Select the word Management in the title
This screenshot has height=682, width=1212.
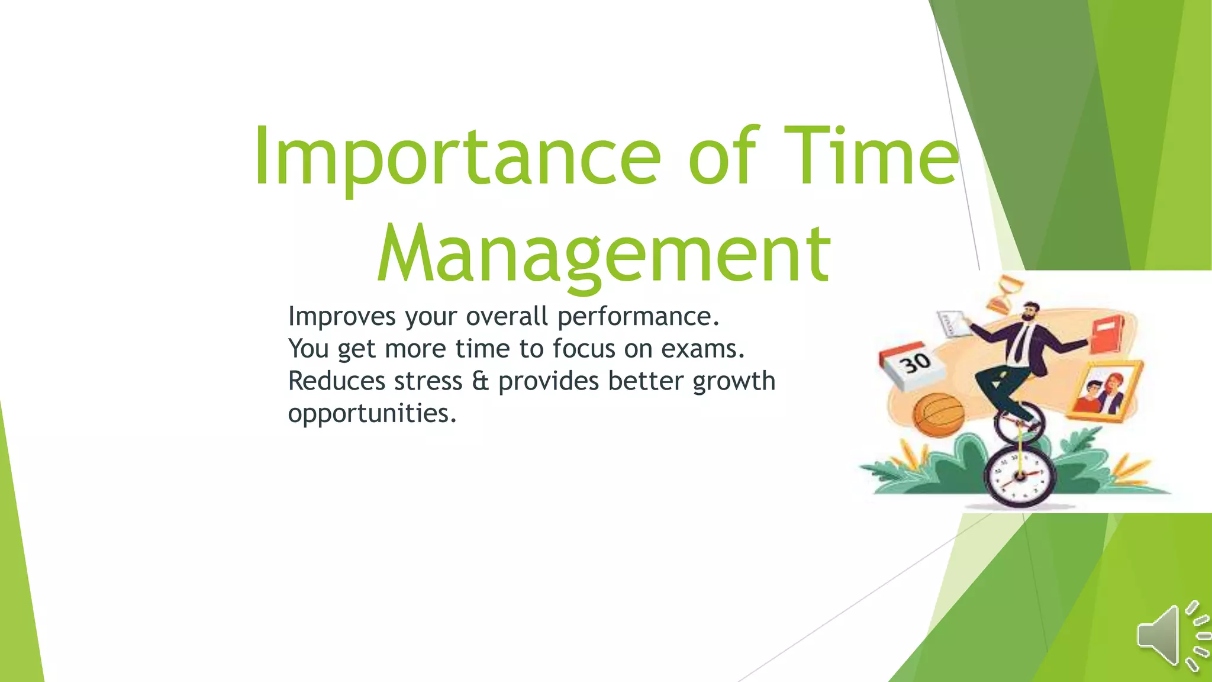point(604,255)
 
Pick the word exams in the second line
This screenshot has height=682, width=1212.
point(702,349)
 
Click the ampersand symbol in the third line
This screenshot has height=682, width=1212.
point(480,381)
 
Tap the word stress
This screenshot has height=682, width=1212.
point(428,381)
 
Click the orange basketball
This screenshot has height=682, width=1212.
point(938,415)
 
